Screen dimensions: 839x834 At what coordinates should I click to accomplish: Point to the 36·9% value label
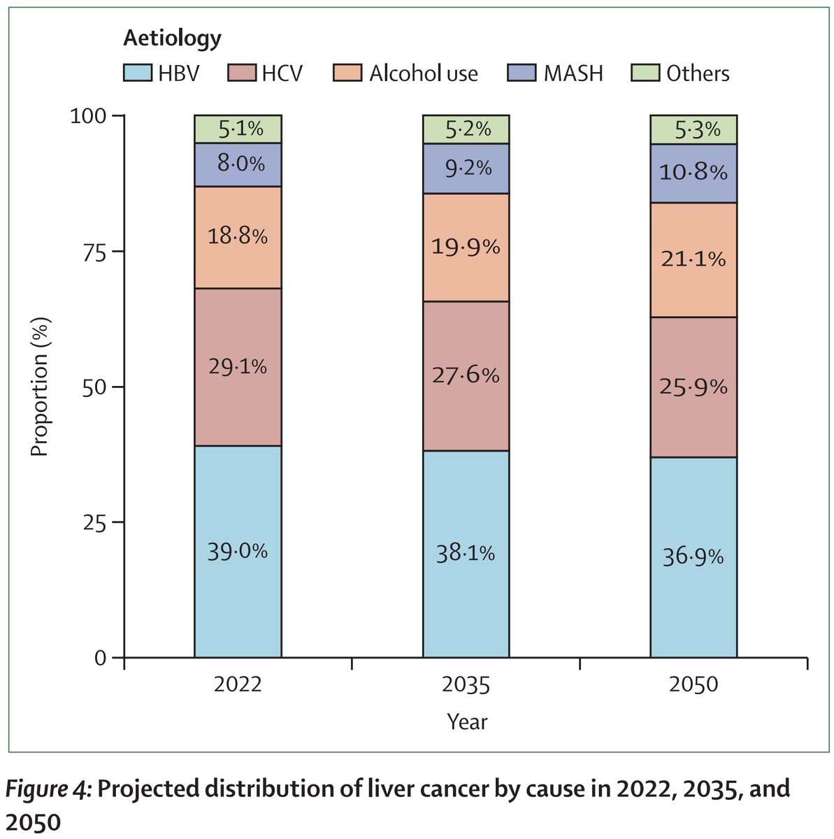click(691, 557)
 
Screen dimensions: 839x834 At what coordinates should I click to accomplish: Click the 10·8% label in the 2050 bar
click(693, 173)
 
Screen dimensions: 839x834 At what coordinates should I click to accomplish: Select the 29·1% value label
click(238, 366)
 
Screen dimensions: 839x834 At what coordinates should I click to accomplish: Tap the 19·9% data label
click(466, 247)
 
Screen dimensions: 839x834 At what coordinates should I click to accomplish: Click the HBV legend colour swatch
click(138, 73)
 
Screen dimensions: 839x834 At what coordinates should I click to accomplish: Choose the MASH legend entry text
click(573, 73)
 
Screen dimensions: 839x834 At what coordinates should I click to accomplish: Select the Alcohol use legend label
click(424, 73)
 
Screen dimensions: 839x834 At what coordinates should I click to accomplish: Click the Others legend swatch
click(645, 73)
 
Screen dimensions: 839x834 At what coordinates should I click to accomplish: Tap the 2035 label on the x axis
click(466, 684)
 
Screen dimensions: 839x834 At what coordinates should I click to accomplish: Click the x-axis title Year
click(466, 721)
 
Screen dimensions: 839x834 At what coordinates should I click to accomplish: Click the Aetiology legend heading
click(172, 38)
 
